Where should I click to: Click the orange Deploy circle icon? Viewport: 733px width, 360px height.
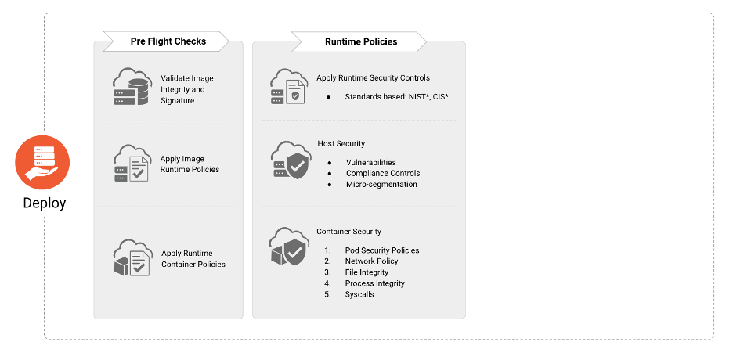click(x=42, y=162)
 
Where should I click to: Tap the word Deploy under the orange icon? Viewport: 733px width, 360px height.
click(x=44, y=203)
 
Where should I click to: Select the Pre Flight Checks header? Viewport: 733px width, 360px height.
click(x=168, y=41)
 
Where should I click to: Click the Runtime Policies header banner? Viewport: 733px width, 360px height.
click(x=360, y=41)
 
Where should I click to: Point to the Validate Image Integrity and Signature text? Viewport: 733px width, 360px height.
click(x=187, y=89)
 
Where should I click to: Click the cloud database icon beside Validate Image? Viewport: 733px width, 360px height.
click(x=130, y=88)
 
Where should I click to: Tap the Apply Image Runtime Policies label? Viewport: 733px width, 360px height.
click(x=190, y=164)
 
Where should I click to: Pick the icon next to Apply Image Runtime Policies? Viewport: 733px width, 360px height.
click(x=130, y=164)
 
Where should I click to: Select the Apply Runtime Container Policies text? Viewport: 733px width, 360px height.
click(x=193, y=259)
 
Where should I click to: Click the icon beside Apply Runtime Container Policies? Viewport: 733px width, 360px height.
click(x=130, y=258)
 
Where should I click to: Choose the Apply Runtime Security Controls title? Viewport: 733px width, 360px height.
click(x=373, y=78)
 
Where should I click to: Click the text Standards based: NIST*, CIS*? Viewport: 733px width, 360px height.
click(x=396, y=97)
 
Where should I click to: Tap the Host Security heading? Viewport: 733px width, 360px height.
click(x=341, y=144)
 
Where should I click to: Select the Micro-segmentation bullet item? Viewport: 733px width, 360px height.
click(x=381, y=185)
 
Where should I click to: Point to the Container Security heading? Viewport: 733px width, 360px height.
click(x=348, y=232)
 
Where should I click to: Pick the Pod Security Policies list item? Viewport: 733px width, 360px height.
click(x=382, y=250)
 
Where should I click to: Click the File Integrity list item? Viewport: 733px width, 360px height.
click(x=366, y=272)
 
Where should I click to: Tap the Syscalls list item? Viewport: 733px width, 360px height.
click(x=359, y=294)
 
